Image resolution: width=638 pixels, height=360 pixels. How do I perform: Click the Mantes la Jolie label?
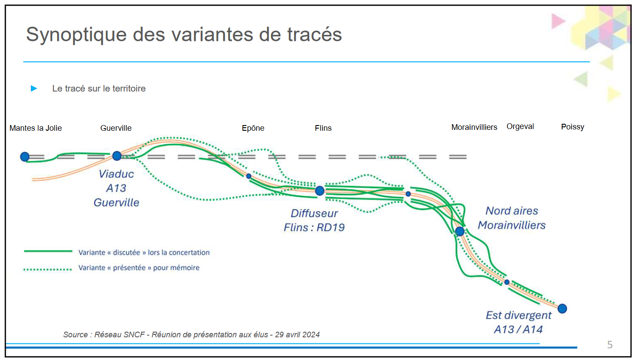tap(36, 128)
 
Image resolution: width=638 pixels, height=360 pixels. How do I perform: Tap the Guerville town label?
tap(116, 128)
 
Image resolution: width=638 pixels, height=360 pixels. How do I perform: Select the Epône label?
tap(253, 128)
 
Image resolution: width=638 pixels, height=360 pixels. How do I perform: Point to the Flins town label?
tap(323, 128)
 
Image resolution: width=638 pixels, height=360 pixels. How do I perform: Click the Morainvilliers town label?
tap(474, 127)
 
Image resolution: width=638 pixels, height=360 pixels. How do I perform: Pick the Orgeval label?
tap(520, 126)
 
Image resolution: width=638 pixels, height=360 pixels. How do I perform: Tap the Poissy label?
tap(573, 127)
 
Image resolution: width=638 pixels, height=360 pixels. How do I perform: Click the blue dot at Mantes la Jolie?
tap(25, 156)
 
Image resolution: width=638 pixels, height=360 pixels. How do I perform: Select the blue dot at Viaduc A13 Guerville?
tap(117, 156)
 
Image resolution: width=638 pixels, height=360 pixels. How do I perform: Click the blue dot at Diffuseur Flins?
tap(320, 191)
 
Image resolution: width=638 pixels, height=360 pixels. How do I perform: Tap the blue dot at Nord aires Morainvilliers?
tap(460, 231)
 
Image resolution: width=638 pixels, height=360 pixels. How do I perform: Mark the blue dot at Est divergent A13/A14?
tap(562, 309)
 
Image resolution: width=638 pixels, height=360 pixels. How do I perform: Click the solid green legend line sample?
tap(48, 251)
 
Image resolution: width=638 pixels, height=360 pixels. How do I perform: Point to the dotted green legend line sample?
tap(47, 269)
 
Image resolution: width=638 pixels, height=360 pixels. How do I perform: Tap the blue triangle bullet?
tap(34, 88)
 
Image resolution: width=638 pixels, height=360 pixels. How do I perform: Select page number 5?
tap(610, 345)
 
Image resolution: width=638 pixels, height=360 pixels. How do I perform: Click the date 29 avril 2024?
tap(297, 334)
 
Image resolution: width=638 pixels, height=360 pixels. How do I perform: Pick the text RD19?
tap(331, 228)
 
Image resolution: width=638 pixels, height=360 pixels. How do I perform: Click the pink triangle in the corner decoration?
tap(558, 21)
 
